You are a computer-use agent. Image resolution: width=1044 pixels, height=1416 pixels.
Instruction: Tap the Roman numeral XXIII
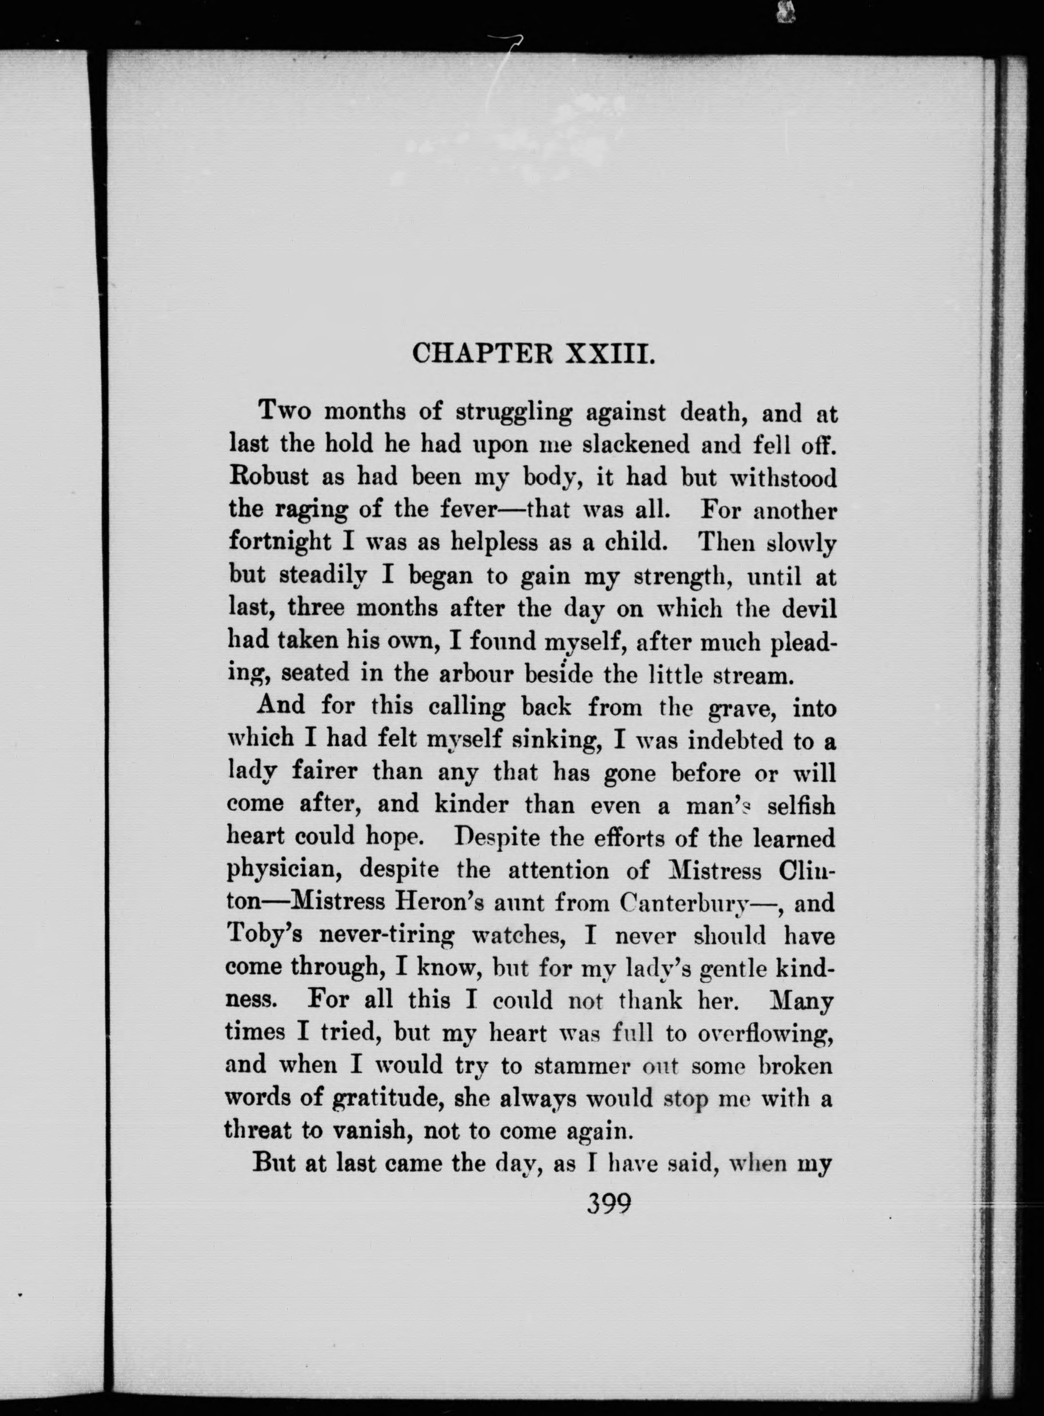(609, 354)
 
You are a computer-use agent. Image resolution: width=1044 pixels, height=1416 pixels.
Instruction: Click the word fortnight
(279, 542)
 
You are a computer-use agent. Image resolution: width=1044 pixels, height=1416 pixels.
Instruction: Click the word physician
(284, 870)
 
